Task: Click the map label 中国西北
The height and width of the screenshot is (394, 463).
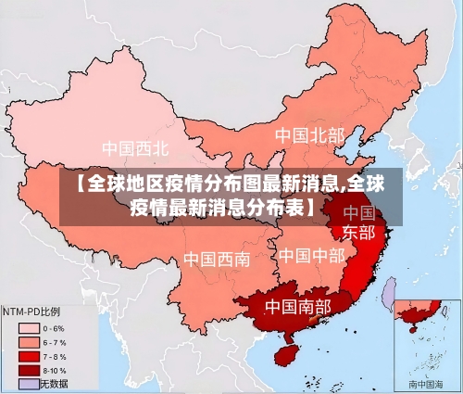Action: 135,147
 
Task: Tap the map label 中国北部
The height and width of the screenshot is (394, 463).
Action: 308,135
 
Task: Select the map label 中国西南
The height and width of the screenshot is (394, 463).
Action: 216,259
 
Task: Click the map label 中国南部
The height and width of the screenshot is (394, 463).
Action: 298,305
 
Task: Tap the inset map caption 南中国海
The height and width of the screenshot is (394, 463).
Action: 427,383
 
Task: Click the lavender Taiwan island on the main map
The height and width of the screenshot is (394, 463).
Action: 390,294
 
